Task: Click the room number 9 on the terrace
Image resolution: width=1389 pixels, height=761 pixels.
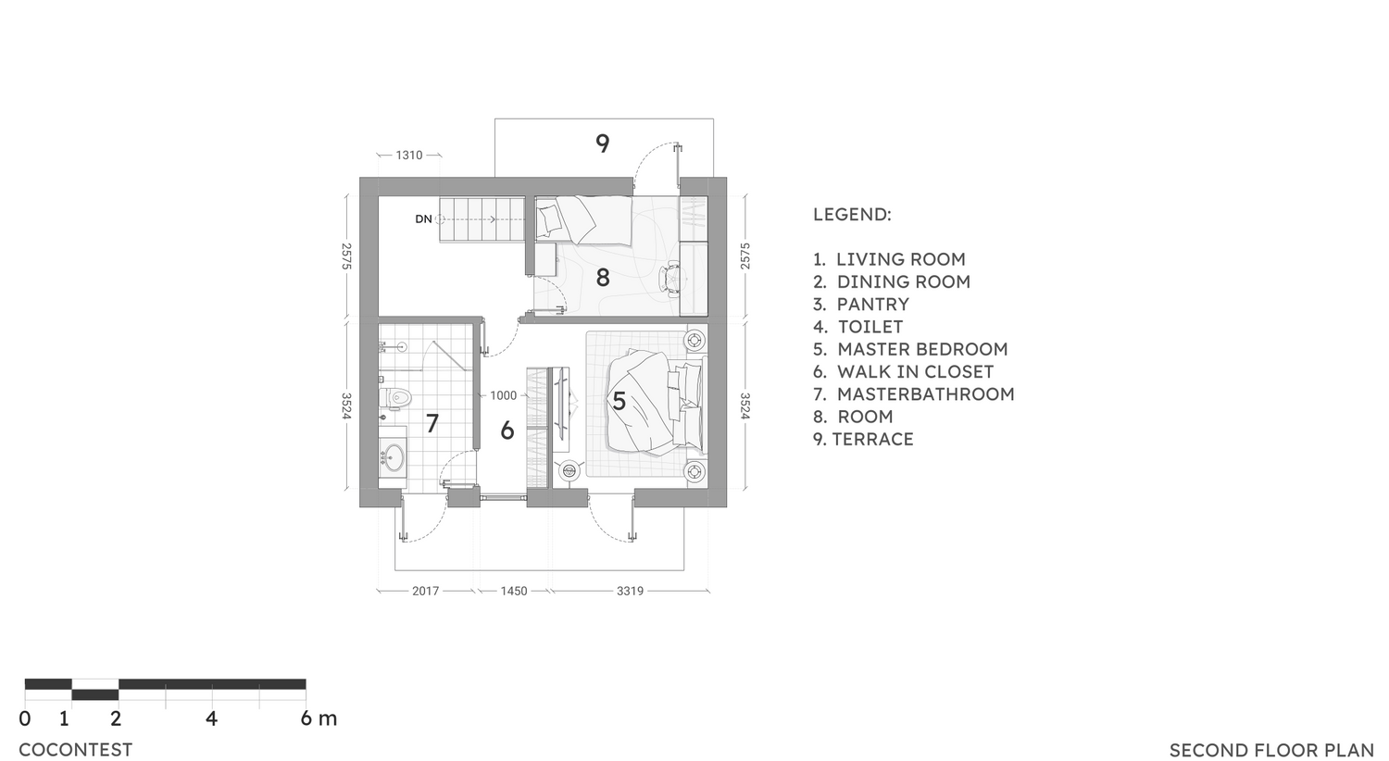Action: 603,143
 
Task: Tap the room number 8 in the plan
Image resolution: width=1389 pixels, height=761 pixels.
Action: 603,277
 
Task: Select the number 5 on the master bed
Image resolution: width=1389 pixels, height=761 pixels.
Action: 619,401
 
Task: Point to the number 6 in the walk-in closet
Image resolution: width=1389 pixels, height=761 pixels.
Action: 507,430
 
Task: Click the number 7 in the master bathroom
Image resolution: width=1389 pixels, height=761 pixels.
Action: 432,423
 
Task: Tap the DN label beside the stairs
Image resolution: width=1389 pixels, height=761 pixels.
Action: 423,219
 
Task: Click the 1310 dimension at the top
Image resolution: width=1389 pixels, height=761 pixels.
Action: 408,156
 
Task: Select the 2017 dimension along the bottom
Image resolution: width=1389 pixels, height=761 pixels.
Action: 425,591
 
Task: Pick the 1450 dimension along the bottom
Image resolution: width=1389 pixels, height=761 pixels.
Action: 514,591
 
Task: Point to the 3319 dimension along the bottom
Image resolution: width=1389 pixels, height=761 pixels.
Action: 630,591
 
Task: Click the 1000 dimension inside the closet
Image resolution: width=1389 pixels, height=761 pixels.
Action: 503,395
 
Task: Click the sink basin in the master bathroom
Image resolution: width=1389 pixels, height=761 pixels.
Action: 394,456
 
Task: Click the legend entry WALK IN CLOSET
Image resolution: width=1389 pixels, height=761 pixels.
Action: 915,371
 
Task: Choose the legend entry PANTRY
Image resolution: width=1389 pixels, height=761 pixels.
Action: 872,305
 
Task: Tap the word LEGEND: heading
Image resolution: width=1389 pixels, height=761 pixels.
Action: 852,215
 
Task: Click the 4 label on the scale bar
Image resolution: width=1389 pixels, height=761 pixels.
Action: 211,718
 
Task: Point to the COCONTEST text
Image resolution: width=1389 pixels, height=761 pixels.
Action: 75,750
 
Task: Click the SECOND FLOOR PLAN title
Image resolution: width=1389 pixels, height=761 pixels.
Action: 1271,750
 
